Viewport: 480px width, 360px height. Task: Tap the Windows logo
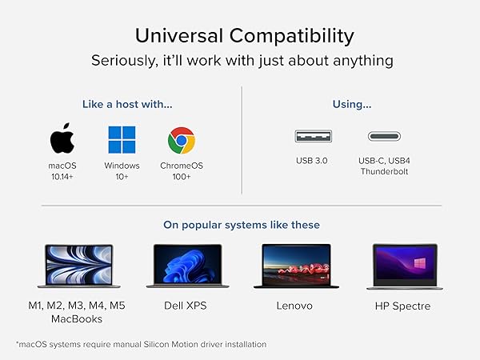tap(122, 140)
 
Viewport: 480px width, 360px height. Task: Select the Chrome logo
tap(182, 141)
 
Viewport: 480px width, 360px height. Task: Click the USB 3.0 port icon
tap(311, 136)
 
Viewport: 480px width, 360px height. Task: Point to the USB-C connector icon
tap(384, 136)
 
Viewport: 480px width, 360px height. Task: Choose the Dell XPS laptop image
tap(188, 266)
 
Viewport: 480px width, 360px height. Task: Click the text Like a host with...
tap(127, 104)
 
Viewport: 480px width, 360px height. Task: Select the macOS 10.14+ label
tap(62, 170)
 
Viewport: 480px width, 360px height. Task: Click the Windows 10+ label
tap(122, 170)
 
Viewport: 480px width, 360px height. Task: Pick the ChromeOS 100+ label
tap(182, 170)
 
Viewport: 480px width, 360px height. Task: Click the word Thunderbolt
tap(384, 171)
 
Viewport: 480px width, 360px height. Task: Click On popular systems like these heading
tap(241, 224)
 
